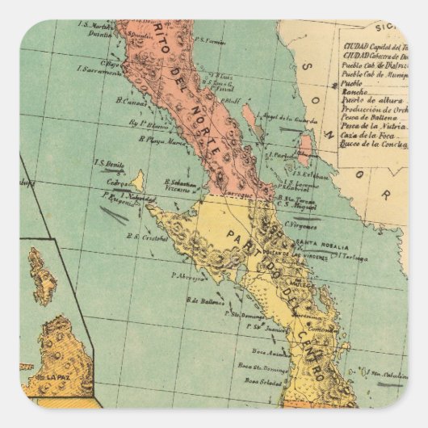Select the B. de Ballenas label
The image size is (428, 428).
(205, 300)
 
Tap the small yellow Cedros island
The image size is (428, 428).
(138, 180)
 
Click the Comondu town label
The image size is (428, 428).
(321, 329)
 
